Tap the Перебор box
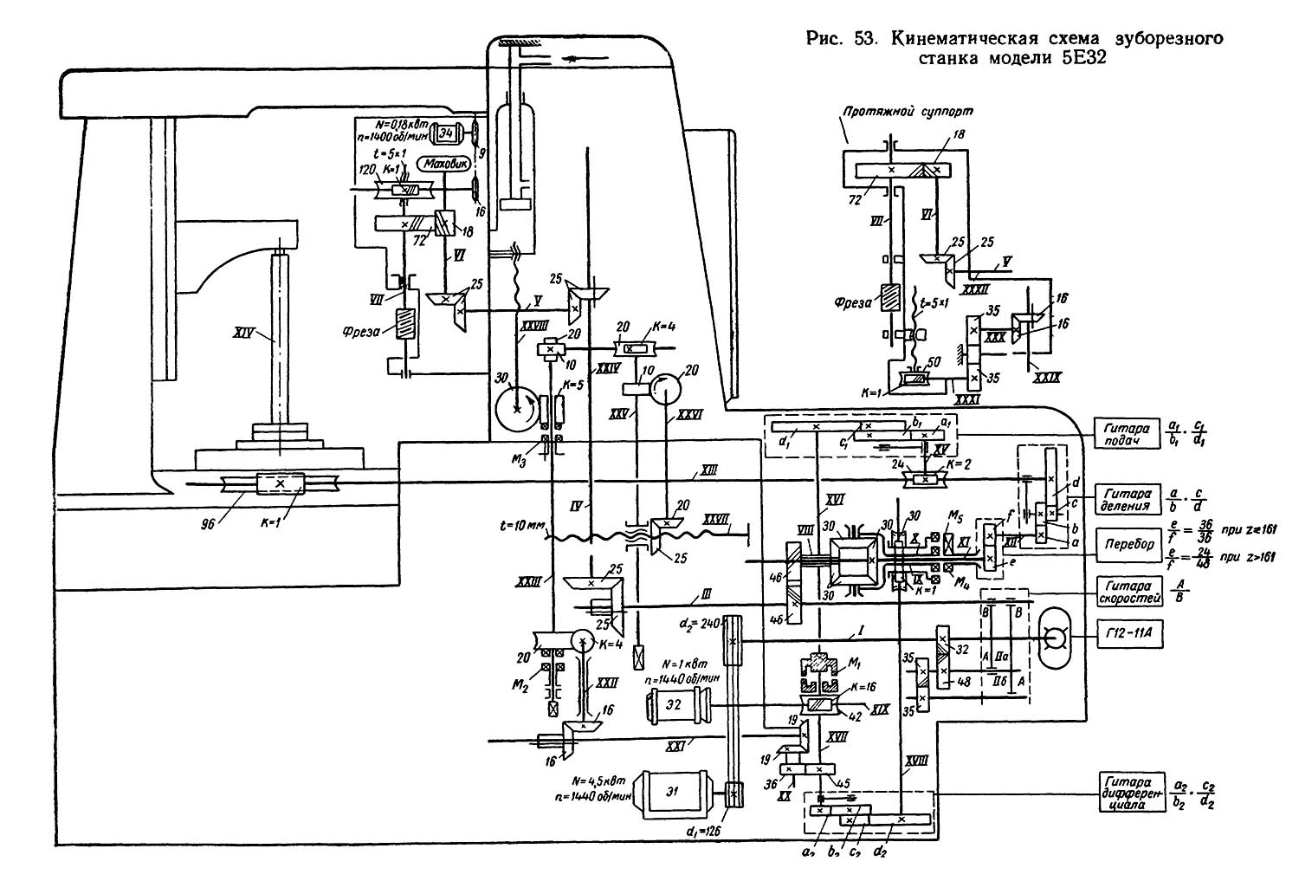tap(1127, 543)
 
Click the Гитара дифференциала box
tap(1127, 791)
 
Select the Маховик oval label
tap(443, 163)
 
